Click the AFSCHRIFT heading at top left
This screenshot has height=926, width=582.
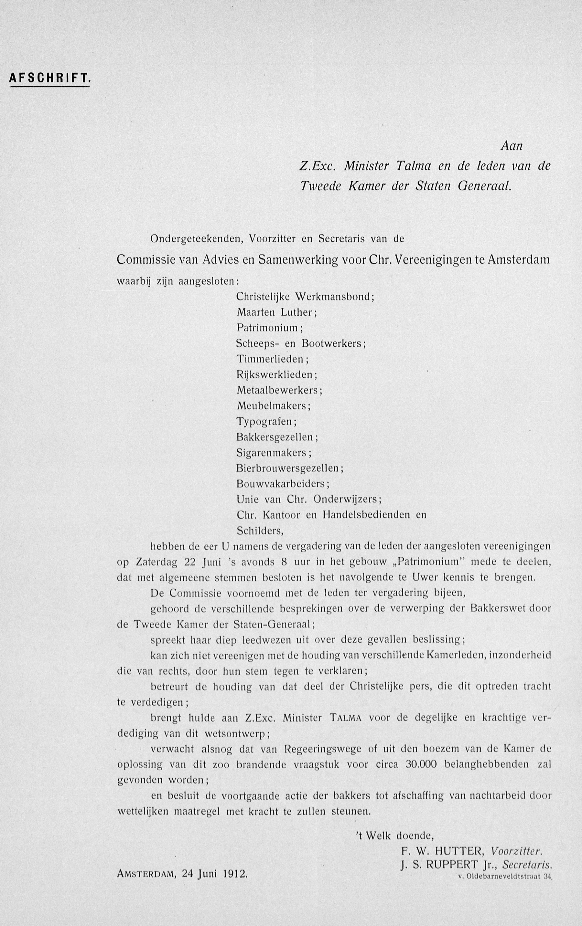49,79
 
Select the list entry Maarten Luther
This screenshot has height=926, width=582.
276,312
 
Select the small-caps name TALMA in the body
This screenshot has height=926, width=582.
345,718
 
